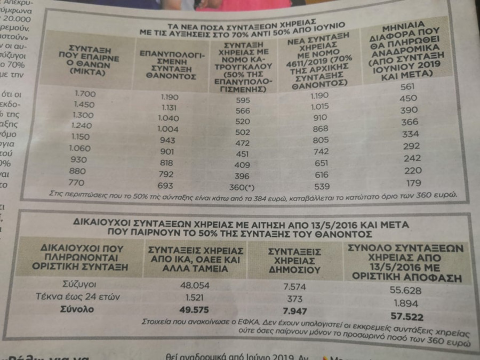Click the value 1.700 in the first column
pos(85,93)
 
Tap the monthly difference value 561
pos(407,87)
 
